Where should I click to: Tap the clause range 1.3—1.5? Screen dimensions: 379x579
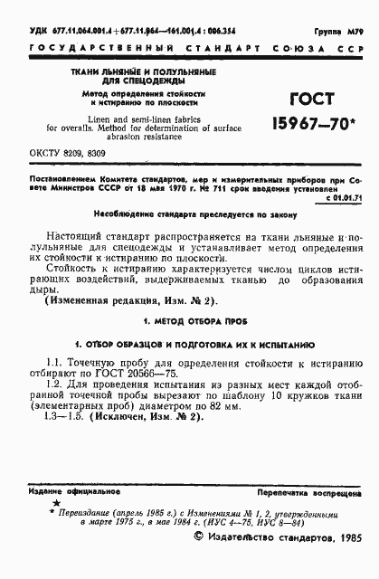pyautogui.click(x=70, y=426)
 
